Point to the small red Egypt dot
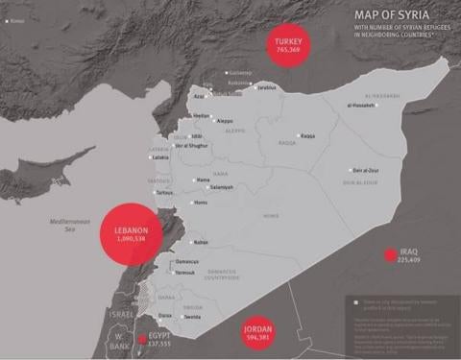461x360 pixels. [142, 339]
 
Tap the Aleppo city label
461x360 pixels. [226, 121]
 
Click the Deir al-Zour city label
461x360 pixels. [369, 168]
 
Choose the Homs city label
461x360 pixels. [201, 203]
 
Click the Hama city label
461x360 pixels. [203, 180]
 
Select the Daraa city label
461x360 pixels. [165, 315]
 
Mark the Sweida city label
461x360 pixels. [191, 315]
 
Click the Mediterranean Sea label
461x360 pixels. [69, 226]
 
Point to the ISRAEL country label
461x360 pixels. [121, 314]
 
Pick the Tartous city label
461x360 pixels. [165, 192]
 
